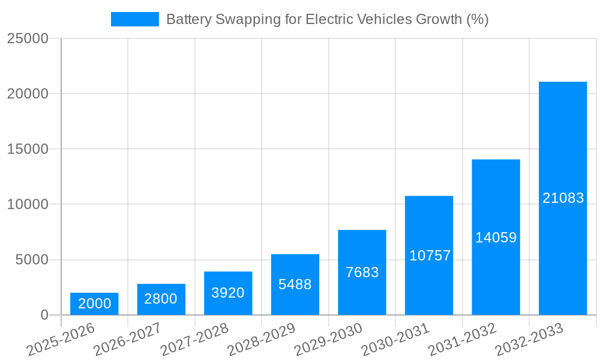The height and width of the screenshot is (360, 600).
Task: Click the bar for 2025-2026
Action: [94, 304]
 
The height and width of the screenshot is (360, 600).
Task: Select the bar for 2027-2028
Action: [228, 293]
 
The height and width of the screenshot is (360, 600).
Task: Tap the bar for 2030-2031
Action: [429, 256]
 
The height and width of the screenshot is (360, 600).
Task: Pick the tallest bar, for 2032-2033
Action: [563, 198]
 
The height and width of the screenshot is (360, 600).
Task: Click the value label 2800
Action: [161, 299]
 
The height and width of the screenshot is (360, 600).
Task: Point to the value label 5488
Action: [295, 284]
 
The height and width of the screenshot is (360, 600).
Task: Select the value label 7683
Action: [362, 272]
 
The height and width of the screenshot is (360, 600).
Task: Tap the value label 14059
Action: [496, 238]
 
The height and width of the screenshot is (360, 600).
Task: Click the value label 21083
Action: [563, 198]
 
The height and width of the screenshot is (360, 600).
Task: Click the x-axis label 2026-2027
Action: [128, 340]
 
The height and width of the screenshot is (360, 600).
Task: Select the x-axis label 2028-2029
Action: [262, 340]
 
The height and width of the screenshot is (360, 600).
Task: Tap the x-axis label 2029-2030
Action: [329, 340]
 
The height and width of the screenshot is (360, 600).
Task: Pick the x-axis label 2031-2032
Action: [463, 340]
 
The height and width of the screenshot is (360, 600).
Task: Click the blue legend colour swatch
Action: [135, 19]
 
